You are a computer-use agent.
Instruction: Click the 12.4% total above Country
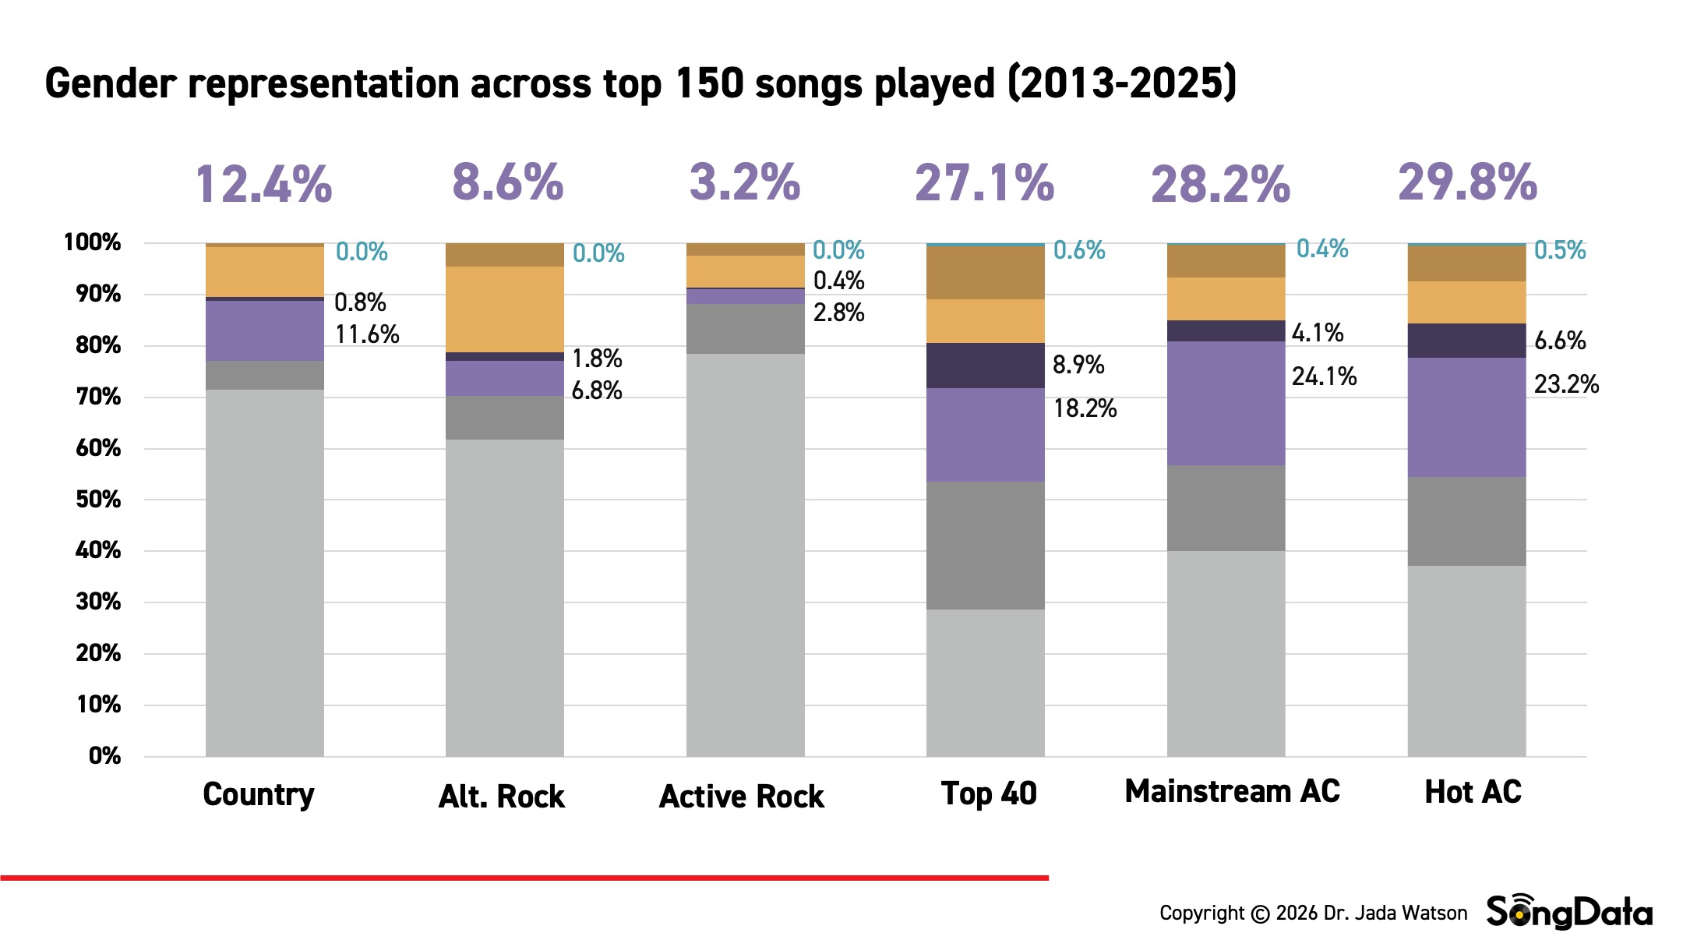click(263, 185)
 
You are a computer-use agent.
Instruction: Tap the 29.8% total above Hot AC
click(1467, 183)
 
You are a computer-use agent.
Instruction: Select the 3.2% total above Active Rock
click(745, 183)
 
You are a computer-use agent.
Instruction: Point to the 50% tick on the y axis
click(98, 499)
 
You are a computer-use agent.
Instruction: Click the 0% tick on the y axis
click(104, 755)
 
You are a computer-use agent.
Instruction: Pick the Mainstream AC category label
click(1232, 792)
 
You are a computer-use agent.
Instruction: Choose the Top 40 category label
click(989, 793)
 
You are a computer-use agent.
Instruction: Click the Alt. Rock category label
click(502, 797)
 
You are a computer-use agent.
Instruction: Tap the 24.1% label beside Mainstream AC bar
click(1324, 376)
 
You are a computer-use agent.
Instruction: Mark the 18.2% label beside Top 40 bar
click(1085, 408)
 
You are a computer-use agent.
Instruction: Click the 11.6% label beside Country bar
click(367, 334)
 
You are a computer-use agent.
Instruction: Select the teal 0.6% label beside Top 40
click(1079, 250)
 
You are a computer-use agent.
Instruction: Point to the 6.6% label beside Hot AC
click(1560, 341)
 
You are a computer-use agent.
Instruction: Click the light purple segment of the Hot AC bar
click(1466, 417)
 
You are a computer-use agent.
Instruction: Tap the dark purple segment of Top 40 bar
click(985, 366)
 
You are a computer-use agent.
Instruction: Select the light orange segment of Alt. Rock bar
click(504, 309)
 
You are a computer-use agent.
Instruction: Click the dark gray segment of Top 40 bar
click(985, 545)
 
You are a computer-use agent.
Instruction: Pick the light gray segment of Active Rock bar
click(745, 553)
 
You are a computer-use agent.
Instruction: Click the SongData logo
click(1569, 912)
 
